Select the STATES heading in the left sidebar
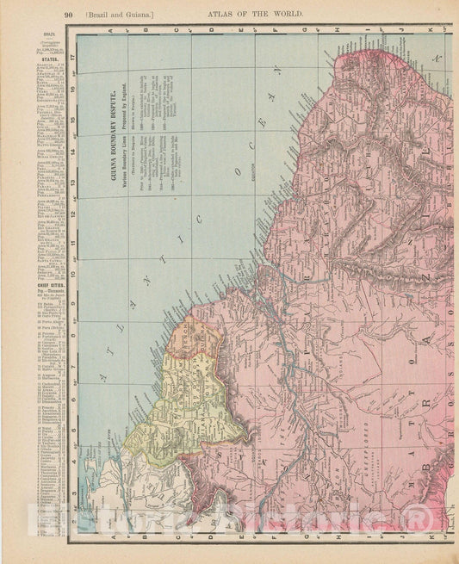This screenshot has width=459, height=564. click(x=40, y=60)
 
